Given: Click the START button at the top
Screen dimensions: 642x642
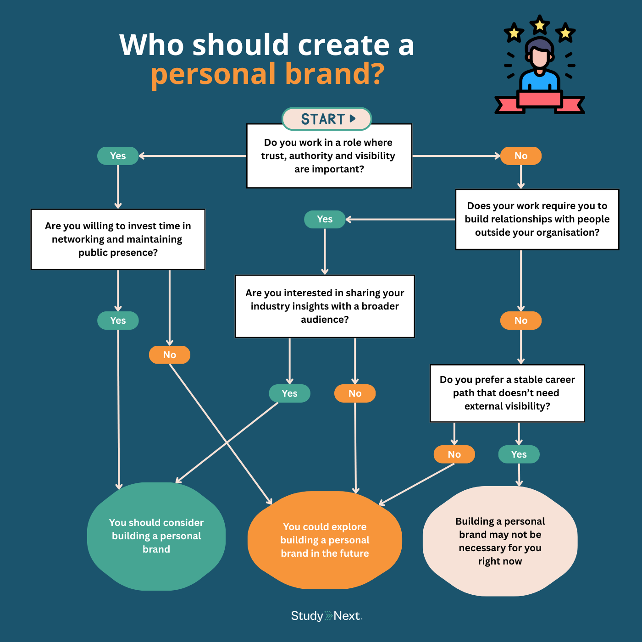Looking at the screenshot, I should coord(326,119).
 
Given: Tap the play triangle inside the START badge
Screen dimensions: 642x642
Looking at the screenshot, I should coord(353,118).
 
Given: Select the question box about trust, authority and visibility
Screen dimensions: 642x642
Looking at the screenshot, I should coord(329,156).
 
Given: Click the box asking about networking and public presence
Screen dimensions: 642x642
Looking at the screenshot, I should coord(118,239).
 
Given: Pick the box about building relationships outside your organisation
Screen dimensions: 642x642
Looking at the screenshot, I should coord(537,219).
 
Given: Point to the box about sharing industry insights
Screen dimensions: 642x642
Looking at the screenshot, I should coord(325,306).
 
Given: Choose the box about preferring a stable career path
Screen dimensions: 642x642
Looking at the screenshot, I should coord(507,393).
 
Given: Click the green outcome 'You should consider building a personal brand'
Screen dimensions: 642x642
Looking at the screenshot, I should coord(156,536).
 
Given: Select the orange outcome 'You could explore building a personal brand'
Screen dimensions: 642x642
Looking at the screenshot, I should coord(325,540).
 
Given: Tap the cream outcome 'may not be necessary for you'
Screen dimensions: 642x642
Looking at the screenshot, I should coord(500,541).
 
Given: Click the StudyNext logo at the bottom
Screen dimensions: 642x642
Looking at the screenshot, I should coord(327,616).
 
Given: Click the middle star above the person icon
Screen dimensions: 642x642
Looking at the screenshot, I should coord(540,25).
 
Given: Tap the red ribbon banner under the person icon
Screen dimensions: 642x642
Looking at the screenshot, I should coord(540,102).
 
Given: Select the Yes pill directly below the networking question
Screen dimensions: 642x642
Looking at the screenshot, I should coord(118,321).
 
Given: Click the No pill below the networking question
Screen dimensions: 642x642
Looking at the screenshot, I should coord(170,355).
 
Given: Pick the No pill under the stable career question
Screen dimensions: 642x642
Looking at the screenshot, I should coord(454,454).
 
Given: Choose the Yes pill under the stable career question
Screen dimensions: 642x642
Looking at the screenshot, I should coord(519,454).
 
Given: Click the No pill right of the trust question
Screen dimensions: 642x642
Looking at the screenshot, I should coord(521,156).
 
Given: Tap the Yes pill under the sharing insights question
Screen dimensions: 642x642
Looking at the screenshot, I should coord(289,393).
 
